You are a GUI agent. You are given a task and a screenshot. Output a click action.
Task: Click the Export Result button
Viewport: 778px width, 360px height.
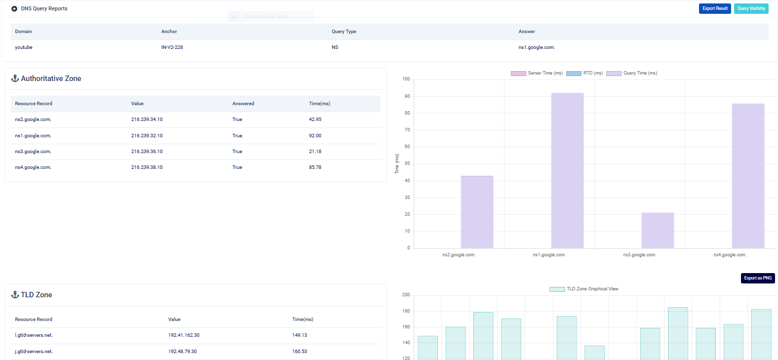tap(715, 8)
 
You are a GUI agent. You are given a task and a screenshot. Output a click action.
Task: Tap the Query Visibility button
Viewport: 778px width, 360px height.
tap(751, 8)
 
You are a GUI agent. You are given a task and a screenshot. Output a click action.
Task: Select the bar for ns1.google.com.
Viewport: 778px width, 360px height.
tap(567, 170)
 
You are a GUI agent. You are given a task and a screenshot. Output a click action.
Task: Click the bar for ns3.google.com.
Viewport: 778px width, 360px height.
tap(658, 230)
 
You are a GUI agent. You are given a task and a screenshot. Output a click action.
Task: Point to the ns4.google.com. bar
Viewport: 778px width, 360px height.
tap(748, 175)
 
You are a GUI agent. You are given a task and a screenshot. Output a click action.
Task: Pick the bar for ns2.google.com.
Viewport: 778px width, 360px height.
tap(477, 212)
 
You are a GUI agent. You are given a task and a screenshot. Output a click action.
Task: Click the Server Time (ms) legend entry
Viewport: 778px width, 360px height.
tap(537, 73)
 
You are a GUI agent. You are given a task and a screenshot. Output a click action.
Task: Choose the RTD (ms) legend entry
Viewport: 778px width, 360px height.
tap(584, 73)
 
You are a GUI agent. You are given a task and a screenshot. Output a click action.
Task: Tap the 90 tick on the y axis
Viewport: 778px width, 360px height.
tap(407, 96)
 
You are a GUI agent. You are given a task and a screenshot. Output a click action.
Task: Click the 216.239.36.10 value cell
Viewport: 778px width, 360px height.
tap(147, 152)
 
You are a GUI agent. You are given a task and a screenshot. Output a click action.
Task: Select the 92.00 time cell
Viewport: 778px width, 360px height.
tap(315, 135)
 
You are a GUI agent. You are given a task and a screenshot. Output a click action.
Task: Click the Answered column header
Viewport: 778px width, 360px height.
tap(243, 104)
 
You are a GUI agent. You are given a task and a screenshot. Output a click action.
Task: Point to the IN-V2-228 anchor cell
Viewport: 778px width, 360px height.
tap(172, 47)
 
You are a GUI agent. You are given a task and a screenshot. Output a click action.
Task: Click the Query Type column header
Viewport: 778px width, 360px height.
tap(344, 31)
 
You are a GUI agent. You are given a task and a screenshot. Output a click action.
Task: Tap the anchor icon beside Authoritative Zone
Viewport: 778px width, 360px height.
tap(15, 78)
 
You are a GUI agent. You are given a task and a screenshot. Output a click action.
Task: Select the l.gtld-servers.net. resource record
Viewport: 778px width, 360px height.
tap(34, 335)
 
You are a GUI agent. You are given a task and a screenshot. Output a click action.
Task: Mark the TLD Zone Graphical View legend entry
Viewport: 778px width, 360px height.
tap(584, 289)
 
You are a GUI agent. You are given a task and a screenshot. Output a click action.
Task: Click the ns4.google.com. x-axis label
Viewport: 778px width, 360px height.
tap(730, 255)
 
